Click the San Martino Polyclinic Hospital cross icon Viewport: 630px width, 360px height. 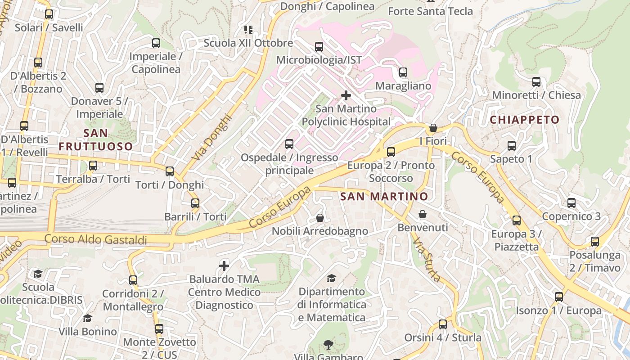(346, 95)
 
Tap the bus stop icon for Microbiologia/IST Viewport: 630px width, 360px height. (319, 47)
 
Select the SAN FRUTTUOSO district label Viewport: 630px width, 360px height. (96, 139)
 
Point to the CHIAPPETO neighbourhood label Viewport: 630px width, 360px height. (524, 120)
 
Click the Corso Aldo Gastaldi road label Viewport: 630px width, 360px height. (96, 239)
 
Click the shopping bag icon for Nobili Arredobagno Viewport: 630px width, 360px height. (320, 218)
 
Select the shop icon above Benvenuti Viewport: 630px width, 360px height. (423, 215)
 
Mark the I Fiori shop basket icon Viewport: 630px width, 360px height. (433, 128)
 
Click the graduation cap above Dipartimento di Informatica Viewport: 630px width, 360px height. (332, 278)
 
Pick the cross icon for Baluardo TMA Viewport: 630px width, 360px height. (224, 266)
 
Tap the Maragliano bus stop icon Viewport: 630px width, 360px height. (403, 72)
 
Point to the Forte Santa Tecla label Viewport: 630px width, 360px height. (430, 11)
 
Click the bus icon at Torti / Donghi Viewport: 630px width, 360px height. (170, 171)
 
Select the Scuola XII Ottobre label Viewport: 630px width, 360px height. (248, 43)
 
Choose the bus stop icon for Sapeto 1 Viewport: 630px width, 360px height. (512, 146)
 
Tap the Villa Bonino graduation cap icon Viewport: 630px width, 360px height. (88, 319)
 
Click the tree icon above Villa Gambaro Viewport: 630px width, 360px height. (328, 345)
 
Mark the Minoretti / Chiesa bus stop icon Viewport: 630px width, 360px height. (536, 82)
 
